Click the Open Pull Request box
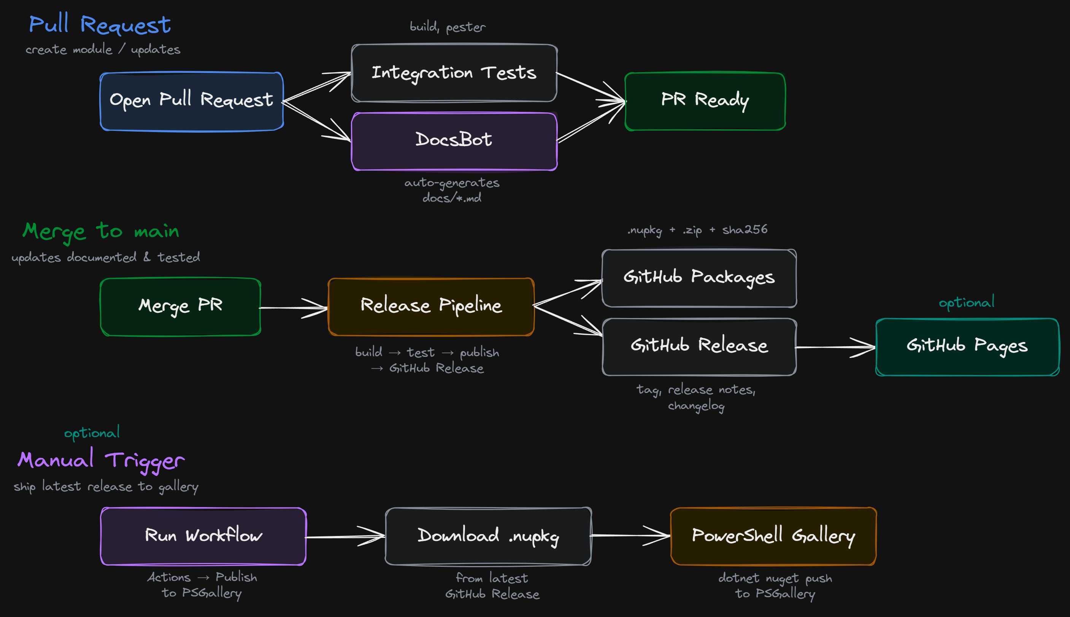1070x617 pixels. pyautogui.click(x=192, y=101)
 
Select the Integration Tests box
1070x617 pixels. pyautogui.click(x=454, y=73)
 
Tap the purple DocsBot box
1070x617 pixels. pyautogui.click(x=454, y=141)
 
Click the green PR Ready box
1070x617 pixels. pyautogui.click(x=705, y=101)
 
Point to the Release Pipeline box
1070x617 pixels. pyautogui.click(x=431, y=307)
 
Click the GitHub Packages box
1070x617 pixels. pyautogui.click(x=699, y=278)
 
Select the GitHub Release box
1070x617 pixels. pyautogui.click(x=699, y=347)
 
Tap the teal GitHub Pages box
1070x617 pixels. pyautogui.click(x=967, y=347)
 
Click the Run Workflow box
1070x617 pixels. pyautogui.click(x=203, y=536)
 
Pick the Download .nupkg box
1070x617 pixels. pyautogui.click(x=488, y=536)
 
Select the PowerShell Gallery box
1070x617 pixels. pyautogui.click(x=773, y=536)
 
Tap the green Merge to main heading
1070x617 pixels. pyautogui.click(x=101, y=232)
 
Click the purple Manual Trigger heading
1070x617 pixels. pyautogui.click(x=101, y=461)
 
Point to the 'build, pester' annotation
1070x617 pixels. pyautogui.click(x=447, y=27)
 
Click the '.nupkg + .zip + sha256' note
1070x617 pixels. pyautogui.click(x=697, y=230)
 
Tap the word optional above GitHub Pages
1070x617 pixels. pyautogui.click(x=966, y=302)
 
